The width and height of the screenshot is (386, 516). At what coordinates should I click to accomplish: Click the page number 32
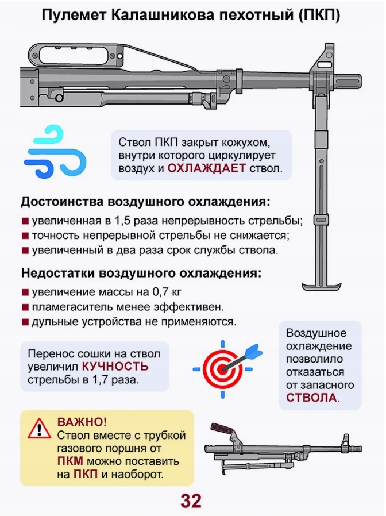[x=191, y=500]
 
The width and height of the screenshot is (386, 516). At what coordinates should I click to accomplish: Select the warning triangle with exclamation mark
[x=40, y=429]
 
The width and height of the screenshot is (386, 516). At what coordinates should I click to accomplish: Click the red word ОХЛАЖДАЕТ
[x=206, y=168]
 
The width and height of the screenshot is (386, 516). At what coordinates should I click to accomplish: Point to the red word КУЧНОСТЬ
[x=115, y=367]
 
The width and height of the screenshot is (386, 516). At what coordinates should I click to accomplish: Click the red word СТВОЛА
[x=311, y=398]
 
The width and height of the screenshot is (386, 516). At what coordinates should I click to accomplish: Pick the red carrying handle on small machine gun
[x=223, y=428]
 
